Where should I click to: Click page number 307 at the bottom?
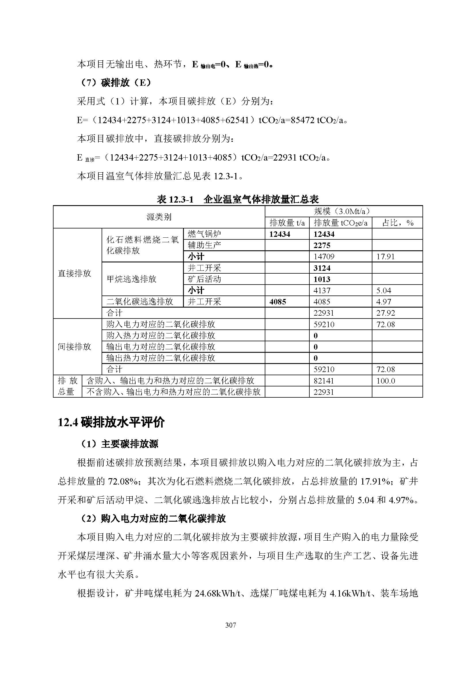click(231, 625)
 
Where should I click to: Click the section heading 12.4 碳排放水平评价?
click(111, 422)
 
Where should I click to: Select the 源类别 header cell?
click(159, 217)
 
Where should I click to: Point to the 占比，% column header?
click(397, 223)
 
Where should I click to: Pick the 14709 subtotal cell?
click(323, 257)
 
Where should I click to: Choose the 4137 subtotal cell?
click(322, 291)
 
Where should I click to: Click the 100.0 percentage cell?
click(385, 381)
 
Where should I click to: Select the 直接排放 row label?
click(75, 273)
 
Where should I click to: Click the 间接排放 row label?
click(75, 347)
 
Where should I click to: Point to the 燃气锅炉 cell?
click(204, 234)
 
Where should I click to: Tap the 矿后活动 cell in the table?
click(204, 279)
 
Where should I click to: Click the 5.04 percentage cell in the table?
click(383, 291)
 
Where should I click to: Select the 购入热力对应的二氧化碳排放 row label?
click(160, 335)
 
